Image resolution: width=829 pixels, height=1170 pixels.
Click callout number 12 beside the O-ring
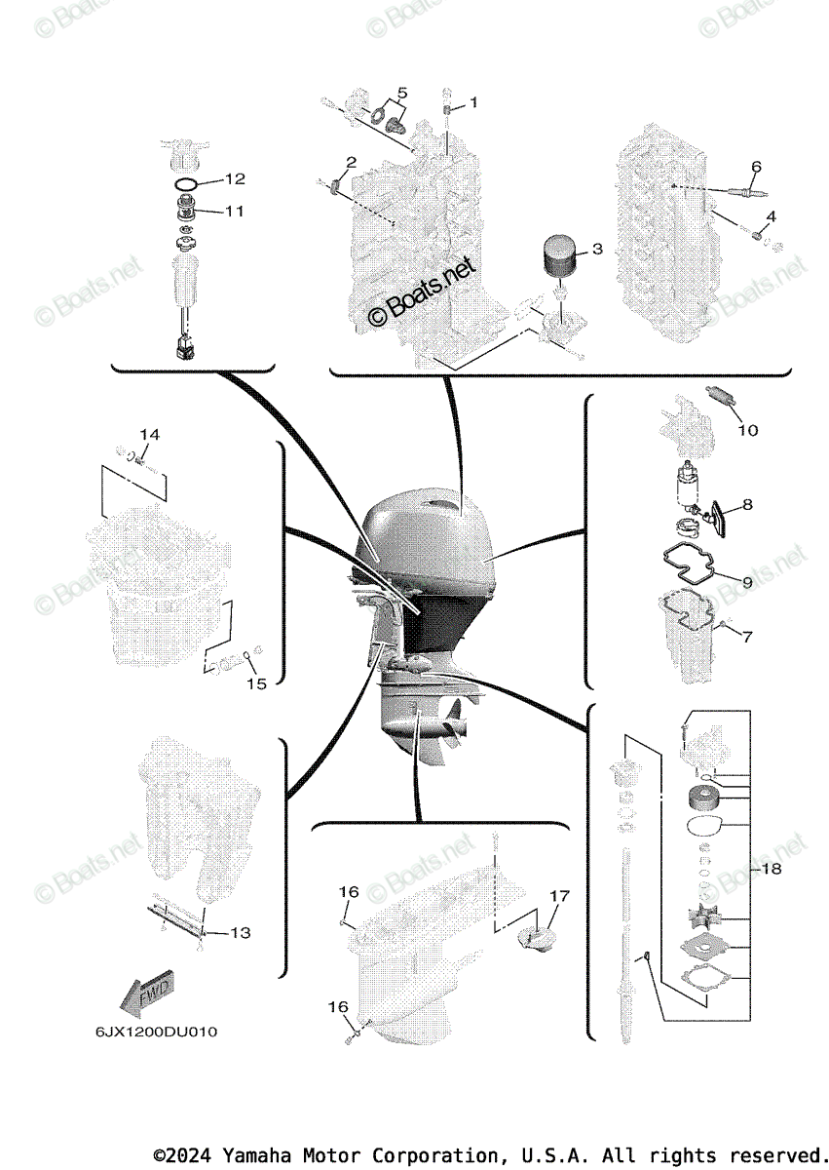coord(235,179)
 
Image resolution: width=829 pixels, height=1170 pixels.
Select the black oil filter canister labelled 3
coord(560,259)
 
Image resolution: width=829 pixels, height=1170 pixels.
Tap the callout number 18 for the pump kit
coord(771,867)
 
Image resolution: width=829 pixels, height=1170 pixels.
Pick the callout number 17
coord(558,895)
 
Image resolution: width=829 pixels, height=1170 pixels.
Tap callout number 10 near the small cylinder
coord(747,430)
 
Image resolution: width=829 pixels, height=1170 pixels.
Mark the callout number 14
coord(147,434)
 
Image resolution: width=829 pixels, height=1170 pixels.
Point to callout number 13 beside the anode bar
coord(240,933)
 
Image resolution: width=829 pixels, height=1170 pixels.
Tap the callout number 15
coord(255,683)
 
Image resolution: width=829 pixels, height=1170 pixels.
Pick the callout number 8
coord(747,504)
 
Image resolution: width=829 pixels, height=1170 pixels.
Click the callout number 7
coord(747,637)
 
